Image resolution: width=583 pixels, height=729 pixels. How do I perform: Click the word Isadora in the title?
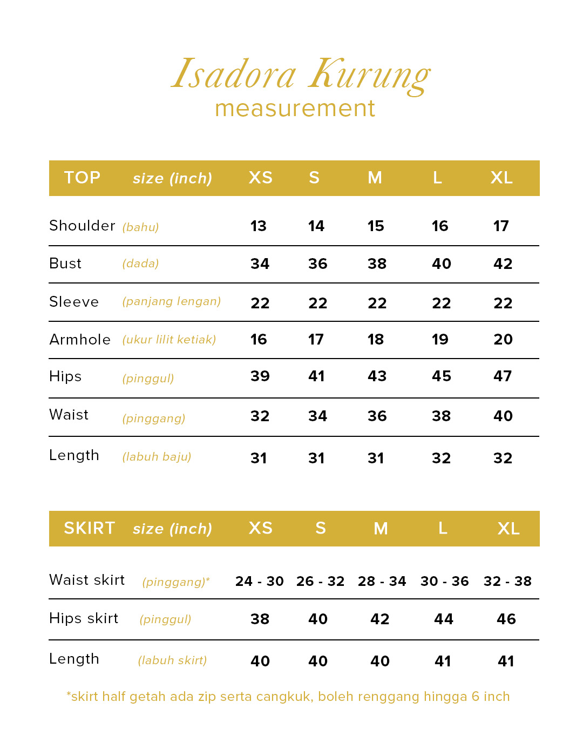234,74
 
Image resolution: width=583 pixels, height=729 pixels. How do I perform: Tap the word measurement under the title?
295,109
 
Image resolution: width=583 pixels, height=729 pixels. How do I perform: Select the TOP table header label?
82,178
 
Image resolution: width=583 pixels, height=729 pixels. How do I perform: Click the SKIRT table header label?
89,528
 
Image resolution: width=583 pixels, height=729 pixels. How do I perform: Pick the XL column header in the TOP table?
501,178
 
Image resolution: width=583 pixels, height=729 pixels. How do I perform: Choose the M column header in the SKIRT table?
381,528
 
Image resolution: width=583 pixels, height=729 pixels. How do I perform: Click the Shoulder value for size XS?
259,226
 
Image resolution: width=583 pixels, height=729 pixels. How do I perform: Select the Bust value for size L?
441,264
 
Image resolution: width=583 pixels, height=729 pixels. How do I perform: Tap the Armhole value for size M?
376,340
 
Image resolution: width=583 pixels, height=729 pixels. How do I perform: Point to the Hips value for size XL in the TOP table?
503,376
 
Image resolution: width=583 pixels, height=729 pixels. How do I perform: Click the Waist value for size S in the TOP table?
317,416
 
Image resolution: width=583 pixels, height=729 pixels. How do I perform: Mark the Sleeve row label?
74,302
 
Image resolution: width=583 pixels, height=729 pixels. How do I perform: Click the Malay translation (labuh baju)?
157,457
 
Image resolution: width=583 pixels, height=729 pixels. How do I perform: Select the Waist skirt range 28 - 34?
382,582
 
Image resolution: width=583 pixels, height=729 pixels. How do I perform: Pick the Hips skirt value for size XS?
260,619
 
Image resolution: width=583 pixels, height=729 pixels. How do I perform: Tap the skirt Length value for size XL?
506,661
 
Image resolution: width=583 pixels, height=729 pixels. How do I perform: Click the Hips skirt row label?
84,618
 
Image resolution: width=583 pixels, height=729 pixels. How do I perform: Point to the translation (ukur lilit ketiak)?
169,340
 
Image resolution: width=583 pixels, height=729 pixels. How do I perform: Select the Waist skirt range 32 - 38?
507,582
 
